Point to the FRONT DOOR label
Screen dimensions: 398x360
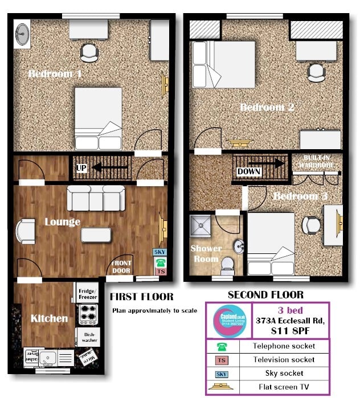tap(121, 266)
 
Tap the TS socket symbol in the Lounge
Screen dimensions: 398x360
tap(161, 272)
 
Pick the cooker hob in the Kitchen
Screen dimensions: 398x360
tap(88, 314)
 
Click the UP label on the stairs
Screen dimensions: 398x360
tap(81, 169)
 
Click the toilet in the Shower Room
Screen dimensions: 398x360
tap(227, 263)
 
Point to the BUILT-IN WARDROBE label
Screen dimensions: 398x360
tap(317, 162)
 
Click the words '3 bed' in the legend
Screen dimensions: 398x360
tap(290, 310)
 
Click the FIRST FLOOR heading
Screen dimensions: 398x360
tap(141, 297)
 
